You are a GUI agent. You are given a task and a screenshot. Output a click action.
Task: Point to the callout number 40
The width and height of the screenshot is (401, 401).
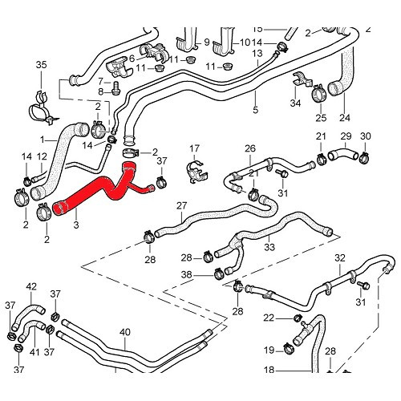124,332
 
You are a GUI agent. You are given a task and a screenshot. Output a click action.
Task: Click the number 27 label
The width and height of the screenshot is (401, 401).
182,207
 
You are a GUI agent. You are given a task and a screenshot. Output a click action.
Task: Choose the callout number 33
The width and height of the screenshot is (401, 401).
269,248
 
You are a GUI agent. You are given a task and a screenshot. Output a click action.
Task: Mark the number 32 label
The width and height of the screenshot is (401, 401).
340,258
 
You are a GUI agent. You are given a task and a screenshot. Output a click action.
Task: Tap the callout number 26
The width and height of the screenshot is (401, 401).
249,148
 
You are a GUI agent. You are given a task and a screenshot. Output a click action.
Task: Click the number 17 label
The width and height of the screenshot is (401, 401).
193,148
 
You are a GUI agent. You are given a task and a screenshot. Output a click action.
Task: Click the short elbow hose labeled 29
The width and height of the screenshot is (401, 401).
344,155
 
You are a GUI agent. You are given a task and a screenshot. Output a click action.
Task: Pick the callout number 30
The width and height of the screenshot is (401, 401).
366,136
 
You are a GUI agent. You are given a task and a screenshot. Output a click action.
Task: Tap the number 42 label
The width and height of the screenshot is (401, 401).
32,287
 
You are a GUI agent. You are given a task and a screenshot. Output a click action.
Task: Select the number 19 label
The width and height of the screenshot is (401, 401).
269,350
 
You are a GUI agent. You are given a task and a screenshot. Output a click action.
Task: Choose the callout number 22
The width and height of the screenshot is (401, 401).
269,318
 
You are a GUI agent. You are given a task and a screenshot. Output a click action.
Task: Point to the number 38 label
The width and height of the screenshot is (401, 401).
186,274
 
